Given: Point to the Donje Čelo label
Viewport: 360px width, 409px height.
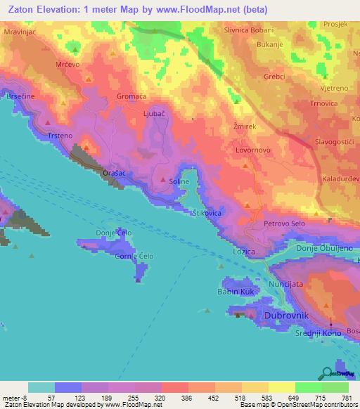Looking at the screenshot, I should click(x=114, y=233).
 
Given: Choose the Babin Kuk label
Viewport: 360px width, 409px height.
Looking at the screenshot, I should click(x=236, y=291).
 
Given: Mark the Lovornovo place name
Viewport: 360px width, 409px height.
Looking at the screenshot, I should click(x=253, y=150).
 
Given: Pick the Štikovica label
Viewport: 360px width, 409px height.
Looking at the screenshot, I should click(x=207, y=212).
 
